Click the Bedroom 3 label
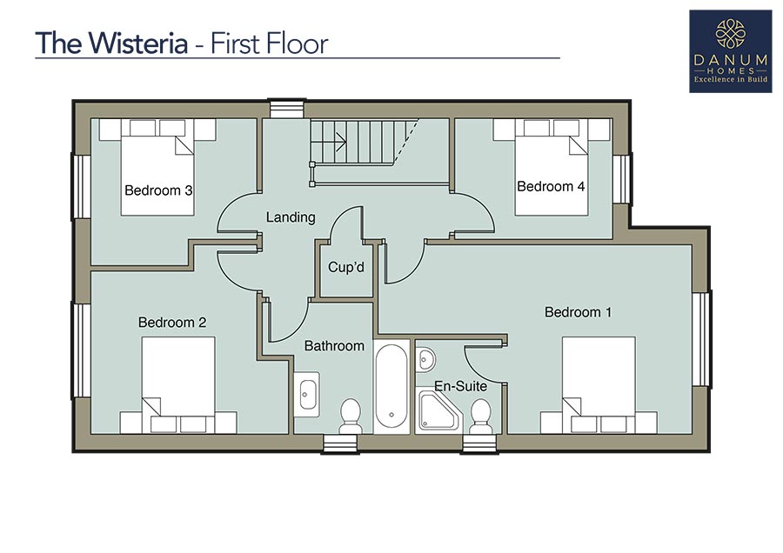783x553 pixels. (x=158, y=190)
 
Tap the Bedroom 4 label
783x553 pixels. (x=551, y=186)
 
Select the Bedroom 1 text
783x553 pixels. (x=578, y=312)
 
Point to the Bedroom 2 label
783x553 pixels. (x=172, y=323)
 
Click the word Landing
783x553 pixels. (x=291, y=217)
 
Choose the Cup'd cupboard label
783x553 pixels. (x=346, y=267)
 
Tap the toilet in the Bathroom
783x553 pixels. (x=351, y=416)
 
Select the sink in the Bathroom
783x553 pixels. (x=306, y=394)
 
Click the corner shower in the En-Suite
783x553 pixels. (x=438, y=410)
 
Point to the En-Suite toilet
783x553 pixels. (x=481, y=416)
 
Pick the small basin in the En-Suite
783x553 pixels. (x=426, y=359)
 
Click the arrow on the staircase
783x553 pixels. (x=328, y=142)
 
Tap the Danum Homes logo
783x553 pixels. (x=731, y=51)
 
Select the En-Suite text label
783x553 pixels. (x=460, y=386)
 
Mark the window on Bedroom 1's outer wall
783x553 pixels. (x=701, y=339)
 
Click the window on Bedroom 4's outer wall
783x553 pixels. (x=622, y=179)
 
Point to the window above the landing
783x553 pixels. (x=287, y=110)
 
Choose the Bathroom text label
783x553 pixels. (x=334, y=346)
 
